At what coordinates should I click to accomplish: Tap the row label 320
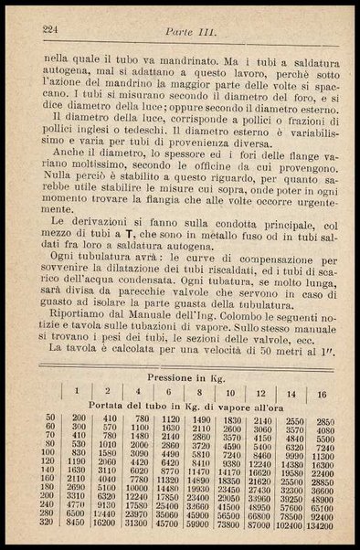point(49,524)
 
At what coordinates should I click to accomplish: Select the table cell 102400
point(288,524)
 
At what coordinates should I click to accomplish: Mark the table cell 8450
point(79,524)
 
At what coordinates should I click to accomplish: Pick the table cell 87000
point(255,524)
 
